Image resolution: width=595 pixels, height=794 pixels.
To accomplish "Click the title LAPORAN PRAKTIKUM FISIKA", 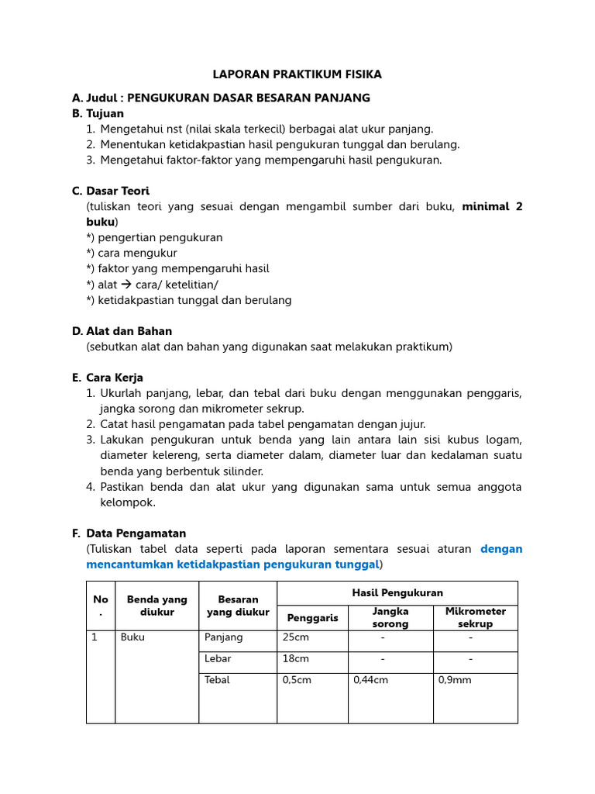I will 297,74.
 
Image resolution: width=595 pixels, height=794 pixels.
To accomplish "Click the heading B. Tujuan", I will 98,113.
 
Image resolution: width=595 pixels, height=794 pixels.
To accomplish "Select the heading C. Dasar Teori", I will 111,191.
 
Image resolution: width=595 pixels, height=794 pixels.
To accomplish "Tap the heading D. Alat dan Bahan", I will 122,331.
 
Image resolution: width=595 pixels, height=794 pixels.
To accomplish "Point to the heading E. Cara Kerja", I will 107,378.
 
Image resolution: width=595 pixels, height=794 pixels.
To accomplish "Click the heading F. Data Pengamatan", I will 129,533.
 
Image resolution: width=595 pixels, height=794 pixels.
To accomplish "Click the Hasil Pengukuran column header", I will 397,592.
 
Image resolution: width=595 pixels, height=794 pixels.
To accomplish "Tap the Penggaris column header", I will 312,617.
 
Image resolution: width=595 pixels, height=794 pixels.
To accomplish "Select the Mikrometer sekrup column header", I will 475,617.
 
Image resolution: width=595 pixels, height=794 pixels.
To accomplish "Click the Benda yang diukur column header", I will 157,606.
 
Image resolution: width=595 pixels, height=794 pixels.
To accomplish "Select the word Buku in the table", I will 133,637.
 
